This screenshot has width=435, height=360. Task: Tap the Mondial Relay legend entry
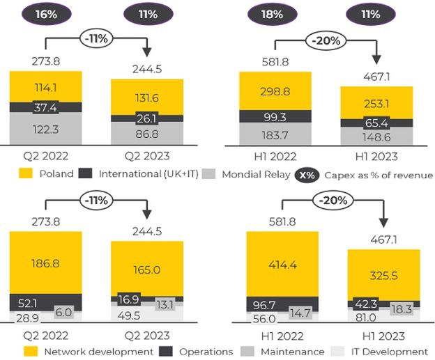tap(243, 173)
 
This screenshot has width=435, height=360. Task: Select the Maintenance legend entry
tap(286, 352)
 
